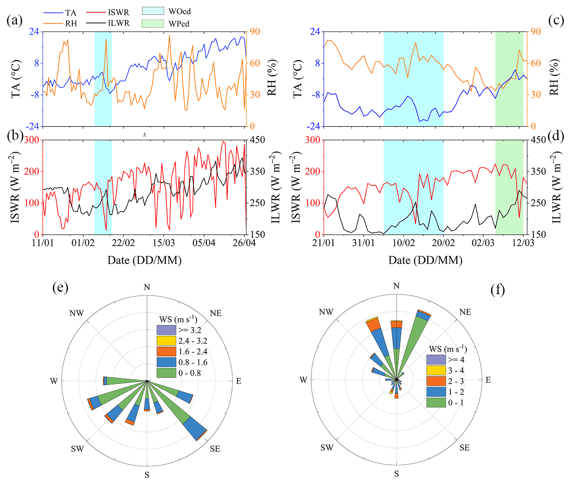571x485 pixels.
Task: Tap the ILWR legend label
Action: pos(119,23)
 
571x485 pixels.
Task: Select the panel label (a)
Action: pos(15,21)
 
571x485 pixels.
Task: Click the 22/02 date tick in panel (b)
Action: pos(123,242)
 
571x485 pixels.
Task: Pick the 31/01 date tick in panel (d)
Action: pos(363,242)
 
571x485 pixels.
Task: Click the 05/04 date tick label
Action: pos(204,242)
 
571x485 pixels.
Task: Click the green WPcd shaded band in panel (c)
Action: pos(509,79)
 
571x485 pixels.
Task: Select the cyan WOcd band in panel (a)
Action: pos(103,79)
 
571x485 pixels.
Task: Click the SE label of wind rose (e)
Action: pos(215,449)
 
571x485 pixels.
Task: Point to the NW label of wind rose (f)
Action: pos(326,312)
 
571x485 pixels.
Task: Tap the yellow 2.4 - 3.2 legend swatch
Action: pos(166,341)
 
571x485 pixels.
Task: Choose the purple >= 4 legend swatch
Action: pos(436,360)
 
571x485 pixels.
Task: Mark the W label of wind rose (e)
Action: pos(54,381)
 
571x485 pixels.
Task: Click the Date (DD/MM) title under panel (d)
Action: pos(425,260)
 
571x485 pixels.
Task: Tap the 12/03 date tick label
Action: pos(523,242)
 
